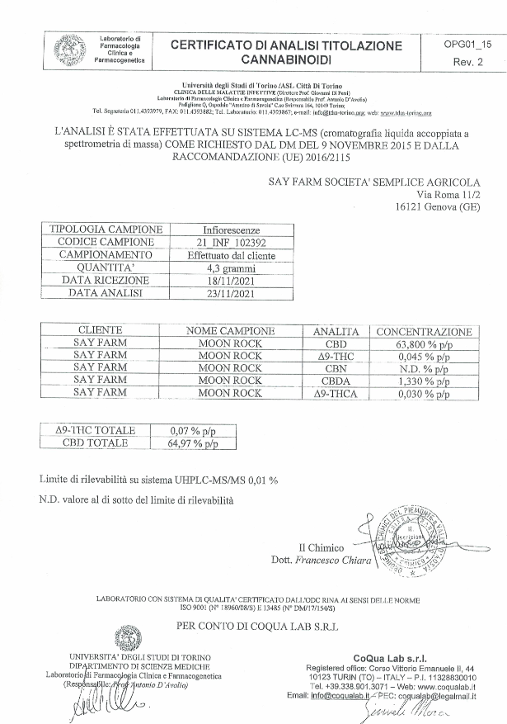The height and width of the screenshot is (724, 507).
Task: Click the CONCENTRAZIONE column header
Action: click(424, 331)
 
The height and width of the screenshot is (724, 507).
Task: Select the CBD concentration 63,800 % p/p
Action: click(424, 343)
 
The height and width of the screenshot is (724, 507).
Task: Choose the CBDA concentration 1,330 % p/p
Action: click(424, 381)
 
